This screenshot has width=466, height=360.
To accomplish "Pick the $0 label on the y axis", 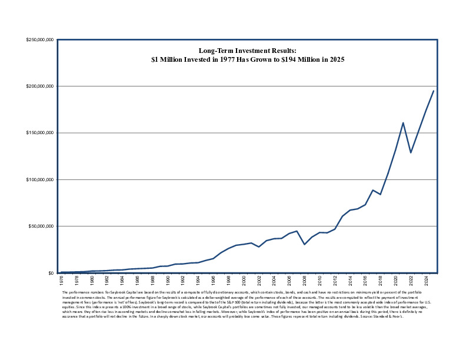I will (51, 273).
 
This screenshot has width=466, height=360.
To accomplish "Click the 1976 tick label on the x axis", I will (61, 280).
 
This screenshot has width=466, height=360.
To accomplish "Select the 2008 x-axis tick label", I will (305, 280).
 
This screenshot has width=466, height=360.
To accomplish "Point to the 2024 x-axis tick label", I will (426, 280).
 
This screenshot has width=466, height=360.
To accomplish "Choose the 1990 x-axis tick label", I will (168, 280).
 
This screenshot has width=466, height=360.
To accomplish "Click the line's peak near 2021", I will (403, 123).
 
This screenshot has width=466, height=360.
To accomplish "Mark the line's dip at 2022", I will (411, 152).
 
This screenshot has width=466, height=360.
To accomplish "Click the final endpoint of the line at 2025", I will (434, 91).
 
